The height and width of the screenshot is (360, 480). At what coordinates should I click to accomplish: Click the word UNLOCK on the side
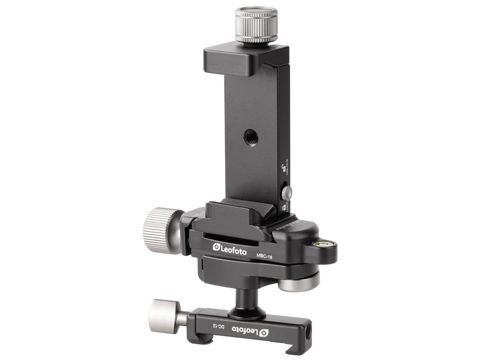(x=287, y=167)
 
